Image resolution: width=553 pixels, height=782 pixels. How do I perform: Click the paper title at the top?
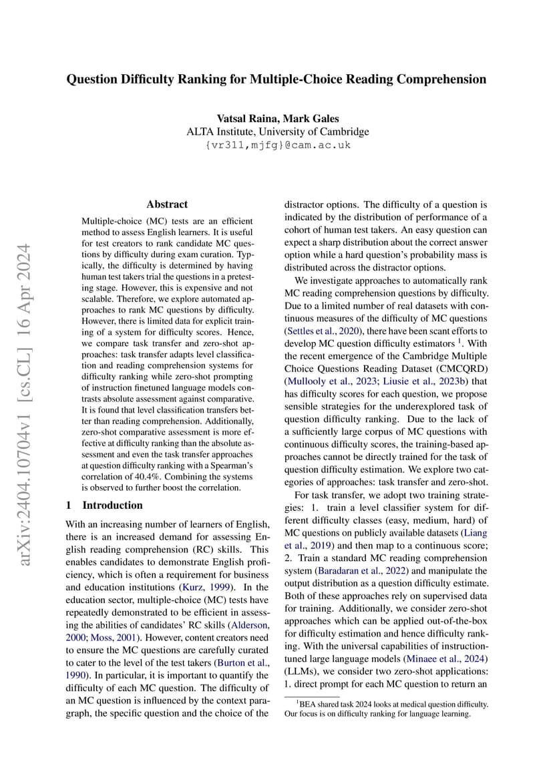click(x=276, y=79)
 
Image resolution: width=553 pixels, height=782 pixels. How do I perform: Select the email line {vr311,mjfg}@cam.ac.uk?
click(x=276, y=145)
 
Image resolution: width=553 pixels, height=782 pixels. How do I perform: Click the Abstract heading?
click(x=167, y=204)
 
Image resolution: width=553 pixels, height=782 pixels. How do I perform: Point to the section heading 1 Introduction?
click(x=105, y=505)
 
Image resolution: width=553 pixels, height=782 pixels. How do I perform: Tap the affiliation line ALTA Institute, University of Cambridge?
click(x=276, y=132)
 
